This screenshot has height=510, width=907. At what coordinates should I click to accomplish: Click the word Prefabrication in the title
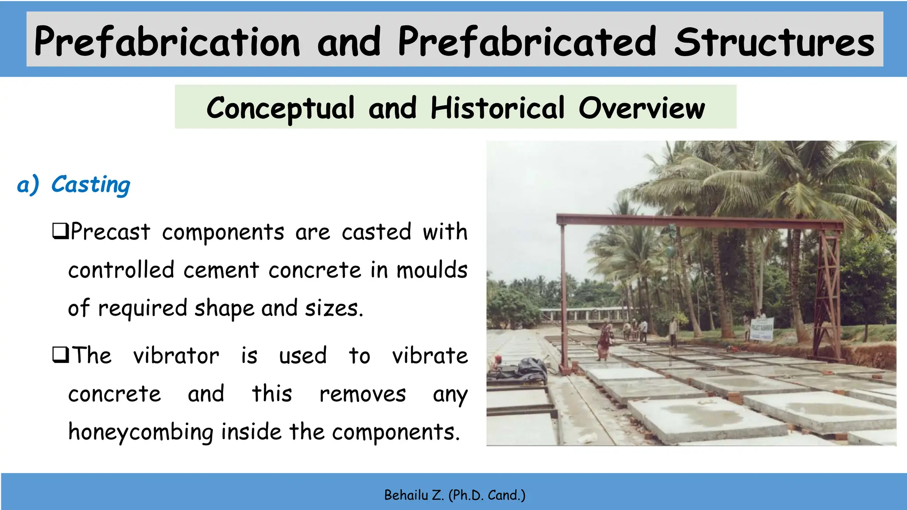167,42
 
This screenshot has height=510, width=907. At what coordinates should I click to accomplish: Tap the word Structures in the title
774,42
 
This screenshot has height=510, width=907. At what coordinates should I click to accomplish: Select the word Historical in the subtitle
497,108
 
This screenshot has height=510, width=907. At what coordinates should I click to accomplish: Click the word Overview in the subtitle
642,108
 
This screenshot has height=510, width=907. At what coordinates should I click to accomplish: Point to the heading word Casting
91,185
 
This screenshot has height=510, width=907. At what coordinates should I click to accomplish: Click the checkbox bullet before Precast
60,231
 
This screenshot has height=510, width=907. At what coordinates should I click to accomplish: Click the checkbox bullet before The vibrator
60,355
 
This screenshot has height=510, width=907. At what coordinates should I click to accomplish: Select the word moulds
432,270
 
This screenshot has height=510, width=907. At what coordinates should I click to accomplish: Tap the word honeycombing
141,432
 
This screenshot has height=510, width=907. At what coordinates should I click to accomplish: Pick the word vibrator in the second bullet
176,355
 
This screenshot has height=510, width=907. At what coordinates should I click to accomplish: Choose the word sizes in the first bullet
333,308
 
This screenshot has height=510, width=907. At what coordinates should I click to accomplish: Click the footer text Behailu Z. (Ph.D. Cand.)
454,495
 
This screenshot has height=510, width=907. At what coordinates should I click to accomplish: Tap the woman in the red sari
604,341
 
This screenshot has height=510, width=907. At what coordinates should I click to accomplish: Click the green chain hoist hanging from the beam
670,250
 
